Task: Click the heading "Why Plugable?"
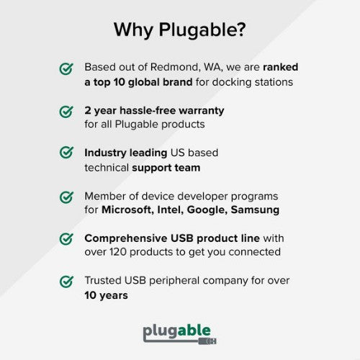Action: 179,30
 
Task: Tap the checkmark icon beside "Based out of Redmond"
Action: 66,68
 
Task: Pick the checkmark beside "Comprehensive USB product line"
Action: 66,238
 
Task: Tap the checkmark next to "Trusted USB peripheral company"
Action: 66,281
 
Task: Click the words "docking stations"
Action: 255,81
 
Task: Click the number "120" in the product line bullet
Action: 122,252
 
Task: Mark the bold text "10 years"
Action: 106,295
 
